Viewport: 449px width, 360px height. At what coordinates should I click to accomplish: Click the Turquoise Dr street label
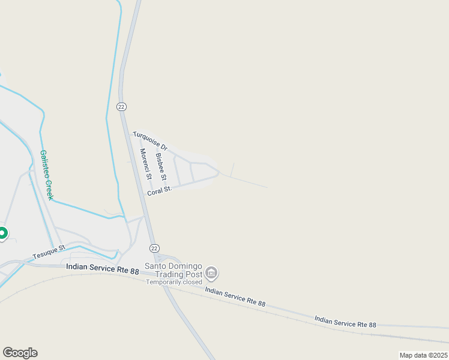pyautogui.click(x=150, y=140)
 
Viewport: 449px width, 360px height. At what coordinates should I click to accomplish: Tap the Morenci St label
pyautogui.click(x=145, y=164)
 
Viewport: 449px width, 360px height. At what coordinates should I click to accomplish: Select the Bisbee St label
pyautogui.click(x=160, y=167)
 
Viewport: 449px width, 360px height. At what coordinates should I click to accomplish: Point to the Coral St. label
pyautogui.click(x=160, y=190)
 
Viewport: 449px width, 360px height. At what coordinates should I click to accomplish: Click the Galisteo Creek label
pyautogui.click(x=47, y=175)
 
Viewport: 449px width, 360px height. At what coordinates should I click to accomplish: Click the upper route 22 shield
pyautogui.click(x=121, y=106)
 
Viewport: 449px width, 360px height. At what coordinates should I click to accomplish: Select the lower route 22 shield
pyautogui.click(x=154, y=248)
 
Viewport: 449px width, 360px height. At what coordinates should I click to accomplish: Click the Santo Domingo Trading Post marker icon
pyautogui.click(x=211, y=274)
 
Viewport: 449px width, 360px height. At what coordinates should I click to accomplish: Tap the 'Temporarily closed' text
pyautogui.click(x=175, y=282)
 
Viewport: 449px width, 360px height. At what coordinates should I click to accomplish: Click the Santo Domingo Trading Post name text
pyautogui.click(x=175, y=271)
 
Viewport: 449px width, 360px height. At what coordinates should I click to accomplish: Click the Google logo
pyautogui.click(x=20, y=353)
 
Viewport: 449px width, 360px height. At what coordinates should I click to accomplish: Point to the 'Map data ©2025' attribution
pyautogui.click(x=423, y=355)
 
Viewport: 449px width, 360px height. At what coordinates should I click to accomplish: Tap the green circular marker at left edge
pyautogui.click(x=2, y=233)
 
